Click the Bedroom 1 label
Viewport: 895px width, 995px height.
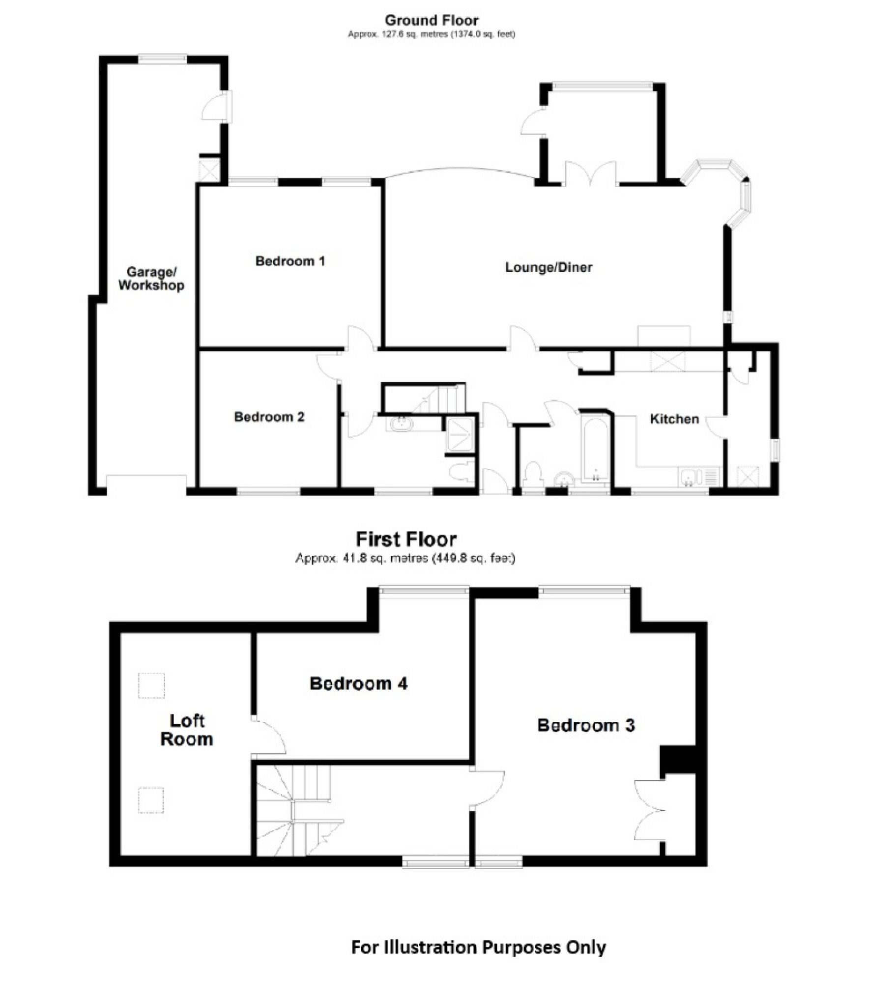[x=290, y=261]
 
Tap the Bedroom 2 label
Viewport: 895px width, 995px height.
[x=269, y=417]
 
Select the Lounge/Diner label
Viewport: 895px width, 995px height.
[x=549, y=267]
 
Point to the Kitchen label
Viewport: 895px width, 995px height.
[x=674, y=419]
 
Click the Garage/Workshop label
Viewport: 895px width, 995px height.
[x=151, y=278]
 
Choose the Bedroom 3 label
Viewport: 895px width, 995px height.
[x=586, y=725]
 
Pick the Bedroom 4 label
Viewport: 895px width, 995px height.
[x=358, y=683]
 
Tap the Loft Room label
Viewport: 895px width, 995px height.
[x=187, y=730]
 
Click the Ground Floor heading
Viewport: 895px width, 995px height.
[x=431, y=20]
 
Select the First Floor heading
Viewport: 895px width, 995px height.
[x=406, y=540]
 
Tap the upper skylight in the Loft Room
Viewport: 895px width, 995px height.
[x=151, y=685]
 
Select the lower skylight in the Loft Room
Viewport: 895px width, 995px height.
[x=151, y=800]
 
